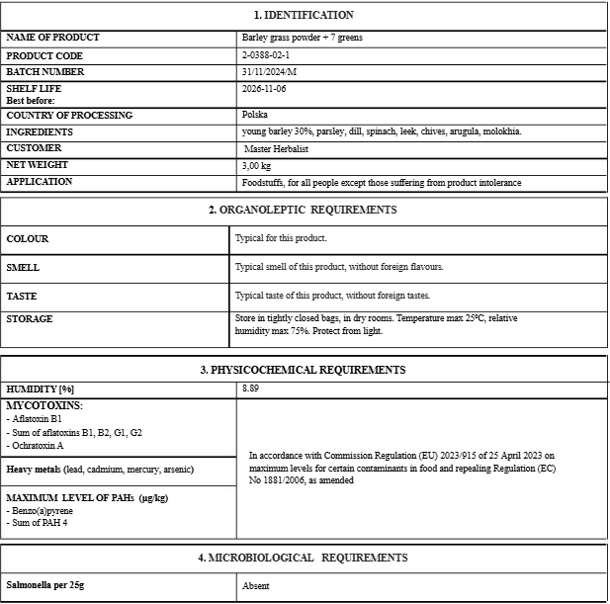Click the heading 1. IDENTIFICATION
pyautogui.click(x=304, y=15)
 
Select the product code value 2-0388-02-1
pyautogui.click(x=265, y=55)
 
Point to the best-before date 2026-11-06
pyautogui.click(x=263, y=89)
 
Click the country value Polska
pyautogui.click(x=254, y=115)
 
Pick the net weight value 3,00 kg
pyautogui.click(x=257, y=165)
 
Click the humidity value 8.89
pyautogui.click(x=251, y=389)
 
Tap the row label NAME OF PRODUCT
pyautogui.click(x=52, y=38)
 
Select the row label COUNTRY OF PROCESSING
pyautogui.click(x=68, y=115)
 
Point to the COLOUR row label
pyautogui.click(x=28, y=238)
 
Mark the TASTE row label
pyautogui.click(x=23, y=296)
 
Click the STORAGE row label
pyautogui.click(x=30, y=318)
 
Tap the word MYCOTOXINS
pyautogui.click(x=44, y=405)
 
